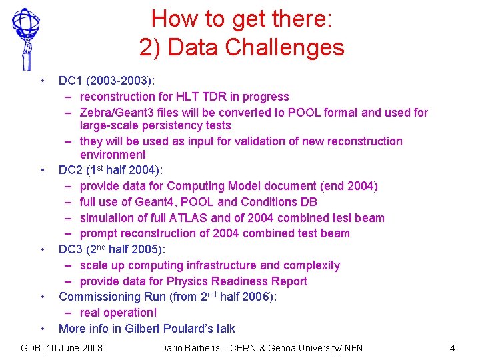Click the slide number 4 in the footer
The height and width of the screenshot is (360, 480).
pos(452,348)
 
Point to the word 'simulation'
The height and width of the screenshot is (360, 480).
pos(108,218)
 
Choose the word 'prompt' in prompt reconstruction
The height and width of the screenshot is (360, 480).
pos(100,233)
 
